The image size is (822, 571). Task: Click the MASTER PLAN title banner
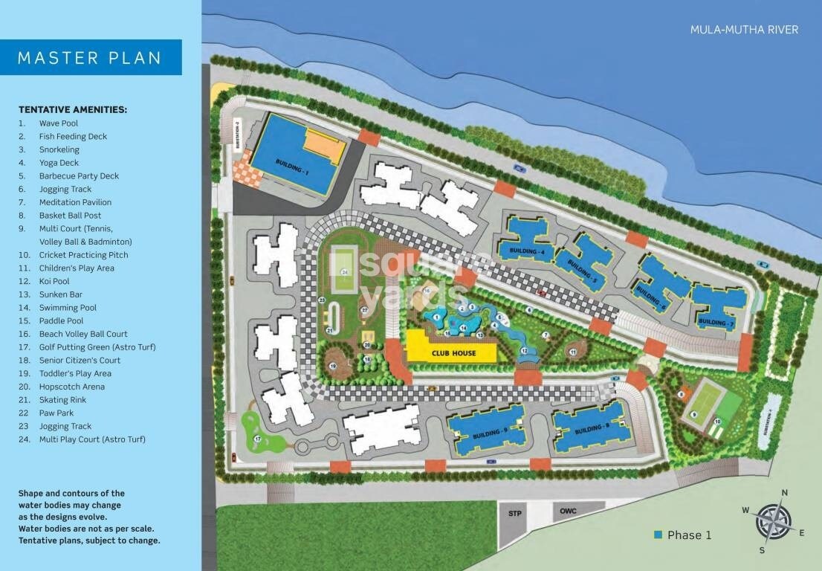pyautogui.click(x=90, y=57)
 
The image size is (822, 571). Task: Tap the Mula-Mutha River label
pyautogui.click(x=744, y=30)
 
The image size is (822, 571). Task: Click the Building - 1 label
pyautogui.click(x=291, y=166)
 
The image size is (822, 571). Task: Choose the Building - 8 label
pyautogui.click(x=592, y=429)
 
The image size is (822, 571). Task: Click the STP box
pyautogui.click(x=514, y=514)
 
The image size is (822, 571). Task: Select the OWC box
pyautogui.click(x=569, y=511)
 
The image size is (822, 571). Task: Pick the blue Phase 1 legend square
pyautogui.click(x=657, y=535)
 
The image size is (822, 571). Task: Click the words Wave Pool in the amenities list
pyautogui.click(x=59, y=123)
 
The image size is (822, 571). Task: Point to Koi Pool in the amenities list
pyautogui.click(x=54, y=281)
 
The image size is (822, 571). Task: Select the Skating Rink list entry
pyautogui.click(x=62, y=400)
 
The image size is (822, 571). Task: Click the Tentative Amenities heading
pyautogui.click(x=73, y=109)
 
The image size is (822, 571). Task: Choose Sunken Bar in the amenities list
pyautogui.click(x=59, y=294)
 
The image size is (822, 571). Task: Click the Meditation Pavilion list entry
pyautogui.click(x=75, y=202)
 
